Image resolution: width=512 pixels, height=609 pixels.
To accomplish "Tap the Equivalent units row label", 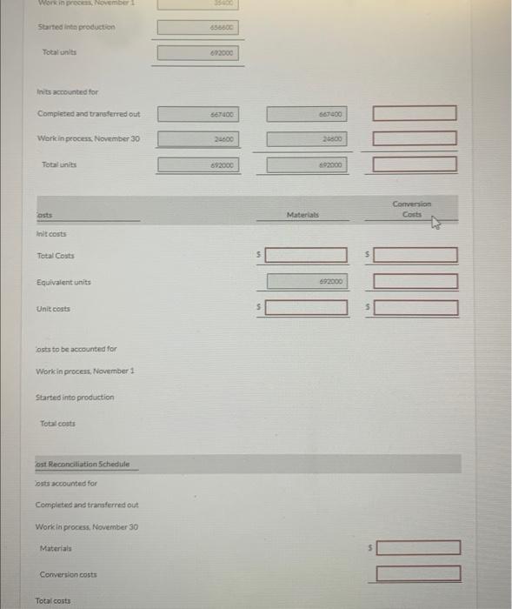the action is tap(64, 282).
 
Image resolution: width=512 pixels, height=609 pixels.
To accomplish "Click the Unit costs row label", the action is tap(53, 309).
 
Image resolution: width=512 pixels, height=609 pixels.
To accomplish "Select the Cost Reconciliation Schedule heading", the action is tap(83, 464).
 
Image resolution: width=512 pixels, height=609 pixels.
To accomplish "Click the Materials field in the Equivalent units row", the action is tap(306, 282).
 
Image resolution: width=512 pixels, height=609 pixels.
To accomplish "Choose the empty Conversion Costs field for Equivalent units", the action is tap(416, 282).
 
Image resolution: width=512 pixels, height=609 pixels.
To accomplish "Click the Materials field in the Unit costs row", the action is tap(306, 308).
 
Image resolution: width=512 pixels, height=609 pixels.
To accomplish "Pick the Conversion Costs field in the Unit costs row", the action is tap(416, 308).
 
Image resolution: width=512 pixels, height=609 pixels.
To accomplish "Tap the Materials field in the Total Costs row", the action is tap(306, 255).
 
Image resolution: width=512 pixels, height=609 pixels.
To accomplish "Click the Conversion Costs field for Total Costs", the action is tap(416, 255).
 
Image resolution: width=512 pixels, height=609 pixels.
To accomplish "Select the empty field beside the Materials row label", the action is tap(419, 548).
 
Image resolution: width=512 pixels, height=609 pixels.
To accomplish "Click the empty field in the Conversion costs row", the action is tap(419, 573).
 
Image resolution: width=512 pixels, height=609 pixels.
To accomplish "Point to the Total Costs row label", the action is tap(56, 256).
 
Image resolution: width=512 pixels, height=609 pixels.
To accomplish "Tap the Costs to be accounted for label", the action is tap(76, 349).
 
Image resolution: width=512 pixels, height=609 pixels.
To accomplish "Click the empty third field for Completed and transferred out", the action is tap(416, 113).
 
